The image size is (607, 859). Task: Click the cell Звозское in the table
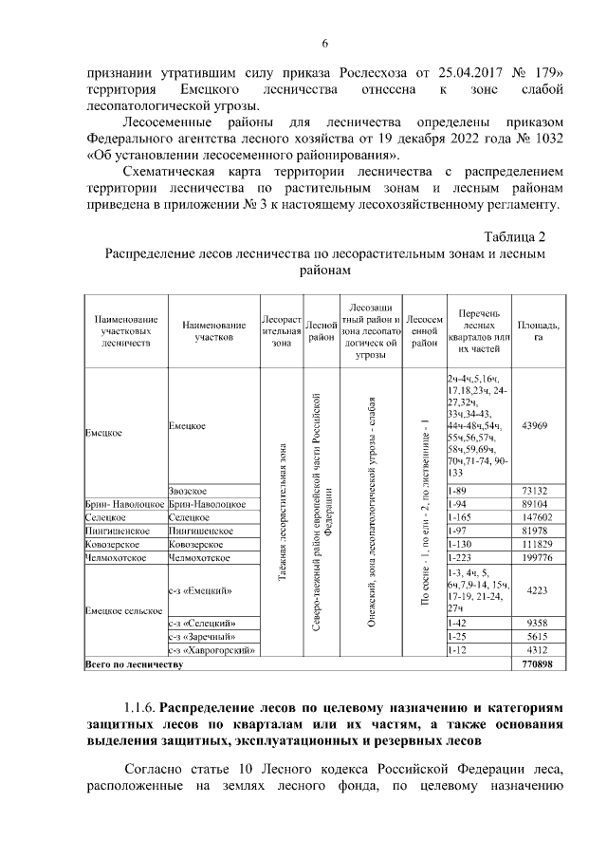[189, 489]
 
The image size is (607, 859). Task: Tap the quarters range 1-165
[457, 517]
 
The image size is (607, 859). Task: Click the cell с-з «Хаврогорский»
[212, 651]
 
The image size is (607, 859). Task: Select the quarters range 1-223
[457, 559]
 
